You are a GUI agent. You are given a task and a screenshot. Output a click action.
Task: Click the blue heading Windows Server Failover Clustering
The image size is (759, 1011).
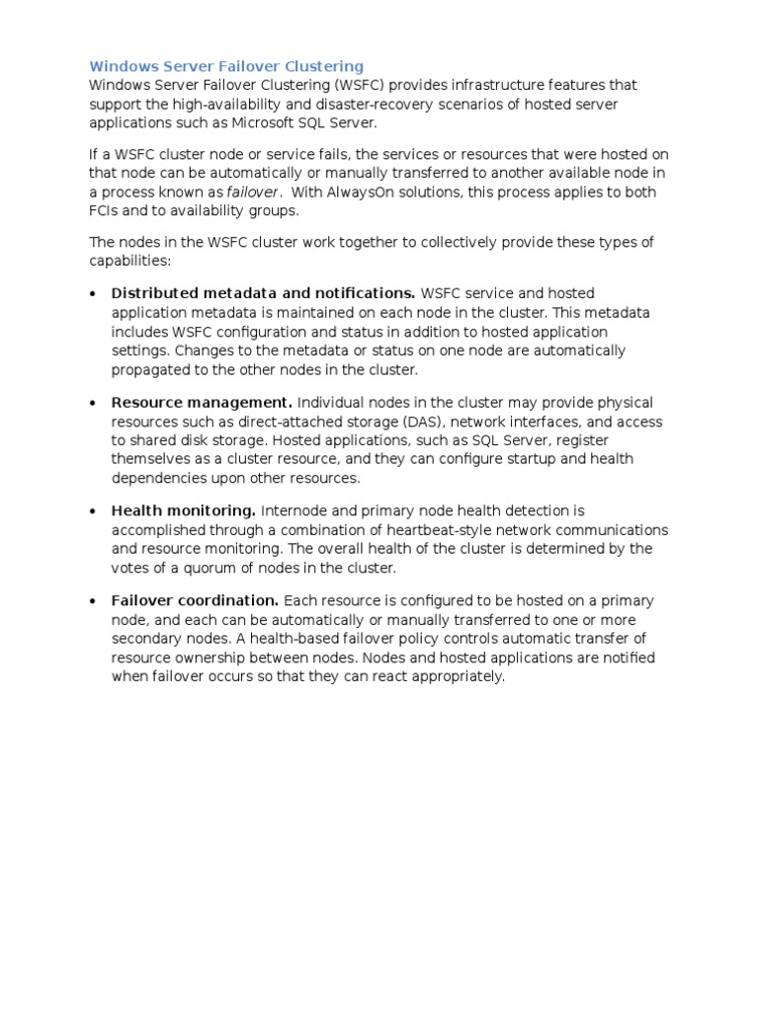tap(226, 66)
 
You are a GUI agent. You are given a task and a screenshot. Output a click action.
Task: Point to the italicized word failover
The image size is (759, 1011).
tap(253, 192)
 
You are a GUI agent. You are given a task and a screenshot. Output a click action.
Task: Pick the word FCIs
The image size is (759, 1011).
tap(105, 210)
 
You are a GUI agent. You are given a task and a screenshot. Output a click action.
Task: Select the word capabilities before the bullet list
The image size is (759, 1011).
tap(129, 262)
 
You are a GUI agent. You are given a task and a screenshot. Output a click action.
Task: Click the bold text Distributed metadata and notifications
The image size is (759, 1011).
tap(263, 293)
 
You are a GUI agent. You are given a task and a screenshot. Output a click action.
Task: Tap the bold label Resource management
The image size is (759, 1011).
tap(202, 403)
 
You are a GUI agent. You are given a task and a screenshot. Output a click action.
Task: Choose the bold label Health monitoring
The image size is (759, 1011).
tap(184, 510)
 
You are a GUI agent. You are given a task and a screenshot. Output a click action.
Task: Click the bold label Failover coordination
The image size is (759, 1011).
tap(196, 600)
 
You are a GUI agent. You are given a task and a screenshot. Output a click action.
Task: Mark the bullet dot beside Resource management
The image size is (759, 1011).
tap(92, 403)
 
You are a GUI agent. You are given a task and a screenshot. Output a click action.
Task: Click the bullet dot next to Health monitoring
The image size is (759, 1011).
tap(92, 511)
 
